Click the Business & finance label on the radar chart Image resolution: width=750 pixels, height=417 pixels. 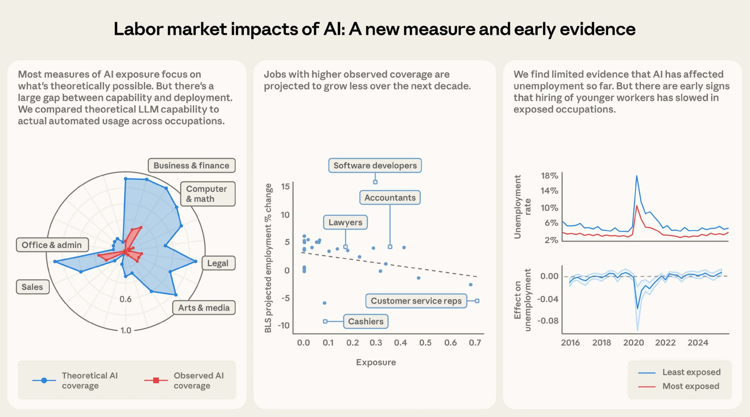coord(191,166)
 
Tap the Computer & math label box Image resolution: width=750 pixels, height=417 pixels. coord(208,194)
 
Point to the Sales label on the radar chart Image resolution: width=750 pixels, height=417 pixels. coord(32,287)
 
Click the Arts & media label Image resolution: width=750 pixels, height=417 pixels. coord(204,308)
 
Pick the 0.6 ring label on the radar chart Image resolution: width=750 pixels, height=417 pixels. coord(125,299)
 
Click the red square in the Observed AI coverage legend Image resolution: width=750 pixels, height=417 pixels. coord(156,380)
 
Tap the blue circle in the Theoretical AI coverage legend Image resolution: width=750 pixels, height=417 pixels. coord(44,380)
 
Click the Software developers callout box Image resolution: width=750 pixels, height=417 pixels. coord(375,166)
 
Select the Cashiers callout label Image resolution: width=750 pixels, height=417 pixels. coord(366,321)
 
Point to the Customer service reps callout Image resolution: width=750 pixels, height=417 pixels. coord(416,301)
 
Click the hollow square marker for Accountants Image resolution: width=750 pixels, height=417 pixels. coord(390,247)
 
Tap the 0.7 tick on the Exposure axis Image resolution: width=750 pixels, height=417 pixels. coord(475,343)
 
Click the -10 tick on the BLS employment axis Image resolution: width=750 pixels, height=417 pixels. coord(283,325)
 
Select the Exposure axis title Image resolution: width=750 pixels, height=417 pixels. coord(376,362)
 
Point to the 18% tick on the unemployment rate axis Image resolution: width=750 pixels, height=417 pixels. coord(549,176)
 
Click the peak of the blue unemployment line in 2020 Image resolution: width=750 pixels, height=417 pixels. coord(637,176)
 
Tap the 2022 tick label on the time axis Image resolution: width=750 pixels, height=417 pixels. coord(665,343)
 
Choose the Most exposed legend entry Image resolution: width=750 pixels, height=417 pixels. coord(691,386)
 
